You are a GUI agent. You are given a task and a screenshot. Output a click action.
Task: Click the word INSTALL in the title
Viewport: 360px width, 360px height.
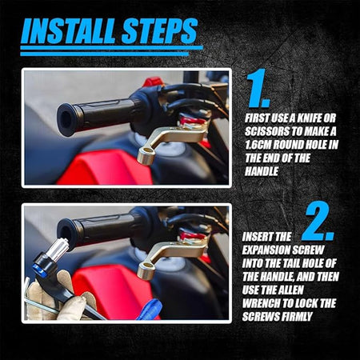tap(68, 30)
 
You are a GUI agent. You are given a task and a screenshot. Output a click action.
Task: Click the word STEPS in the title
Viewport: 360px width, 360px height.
tap(160, 30)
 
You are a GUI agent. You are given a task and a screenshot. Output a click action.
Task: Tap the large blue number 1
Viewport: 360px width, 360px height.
tap(258, 88)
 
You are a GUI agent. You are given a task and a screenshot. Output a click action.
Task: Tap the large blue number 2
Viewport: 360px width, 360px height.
tap(318, 222)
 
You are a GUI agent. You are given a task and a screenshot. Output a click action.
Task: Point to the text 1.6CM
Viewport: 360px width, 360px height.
tap(258, 145)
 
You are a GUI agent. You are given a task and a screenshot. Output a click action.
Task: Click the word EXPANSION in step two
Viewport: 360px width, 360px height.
tap(266, 250)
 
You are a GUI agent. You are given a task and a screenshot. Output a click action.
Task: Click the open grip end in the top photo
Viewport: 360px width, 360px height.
tap(66, 120)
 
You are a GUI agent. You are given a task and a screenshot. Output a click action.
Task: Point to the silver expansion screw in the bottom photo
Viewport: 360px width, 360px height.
tap(58, 250)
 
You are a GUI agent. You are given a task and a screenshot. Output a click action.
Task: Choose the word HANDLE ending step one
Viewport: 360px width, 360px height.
tap(262, 171)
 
